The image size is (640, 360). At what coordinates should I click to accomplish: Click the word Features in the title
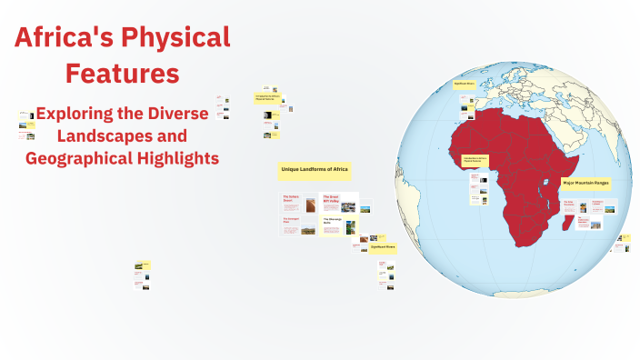pyautogui.click(x=122, y=73)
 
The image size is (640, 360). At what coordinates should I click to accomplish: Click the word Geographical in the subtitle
pyautogui.click(x=78, y=157)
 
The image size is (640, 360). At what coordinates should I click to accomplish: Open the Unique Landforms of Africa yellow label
pyautogui.click(x=315, y=170)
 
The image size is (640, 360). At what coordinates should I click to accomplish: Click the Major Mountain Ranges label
pyautogui.click(x=585, y=183)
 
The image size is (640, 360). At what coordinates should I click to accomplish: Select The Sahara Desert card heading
pyautogui.click(x=291, y=198)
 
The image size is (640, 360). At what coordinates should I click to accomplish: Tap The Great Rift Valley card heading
pyautogui.click(x=331, y=200)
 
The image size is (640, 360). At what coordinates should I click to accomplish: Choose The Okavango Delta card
pyautogui.click(x=331, y=221)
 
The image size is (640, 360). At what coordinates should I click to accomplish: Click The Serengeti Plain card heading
pyautogui.click(x=291, y=219)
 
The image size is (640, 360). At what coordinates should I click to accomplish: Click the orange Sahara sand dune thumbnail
pyautogui.click(x=311, y=205)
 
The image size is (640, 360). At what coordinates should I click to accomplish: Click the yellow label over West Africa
pyautogui.click(x=476, y=160)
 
